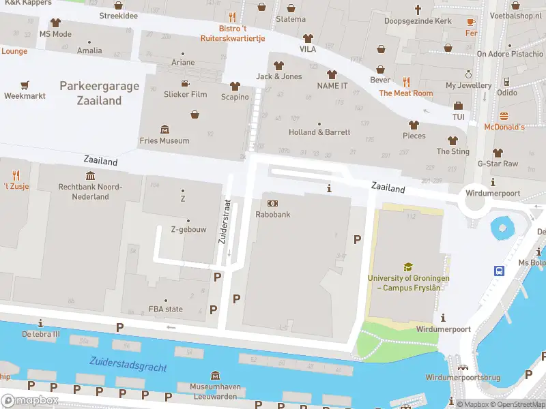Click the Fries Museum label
point(164,140)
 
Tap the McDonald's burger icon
point(504,115)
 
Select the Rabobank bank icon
point(273,203)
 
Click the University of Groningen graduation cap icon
point(408,267)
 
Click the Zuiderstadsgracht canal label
point(128,364)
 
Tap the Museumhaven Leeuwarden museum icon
point(216,376)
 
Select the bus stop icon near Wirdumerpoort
point(500,271)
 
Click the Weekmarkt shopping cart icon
point(25,85)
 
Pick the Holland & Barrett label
point(319,132)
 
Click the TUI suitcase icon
point(458,106)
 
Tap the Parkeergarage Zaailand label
point(100,93)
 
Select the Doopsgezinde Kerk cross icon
point(418,10)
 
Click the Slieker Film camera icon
point(185,82)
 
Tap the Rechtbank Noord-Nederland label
point(90,192)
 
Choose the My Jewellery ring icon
point(469,74)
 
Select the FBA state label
point(166,309)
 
